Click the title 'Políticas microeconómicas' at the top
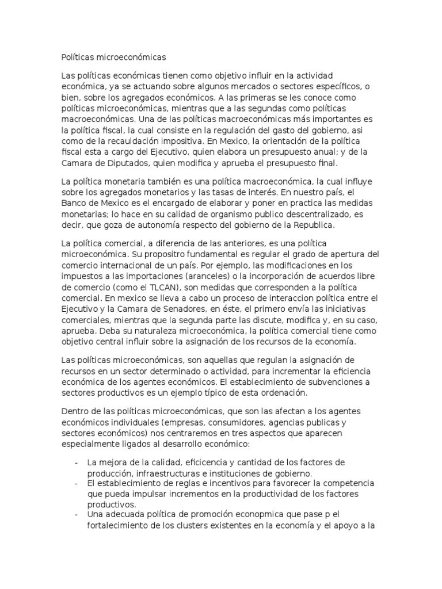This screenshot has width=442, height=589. pos(113,58)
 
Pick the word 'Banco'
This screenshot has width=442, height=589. pos(73,203)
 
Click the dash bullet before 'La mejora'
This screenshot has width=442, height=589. pos(77,462)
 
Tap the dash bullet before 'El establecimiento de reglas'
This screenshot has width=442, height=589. pos(77,482)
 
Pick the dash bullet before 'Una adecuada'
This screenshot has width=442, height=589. pos(77,514)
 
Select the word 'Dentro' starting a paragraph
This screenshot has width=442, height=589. pos(74,411)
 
